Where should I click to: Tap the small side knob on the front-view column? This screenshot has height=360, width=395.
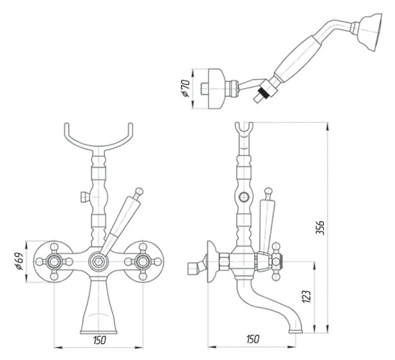coord(83,197)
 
